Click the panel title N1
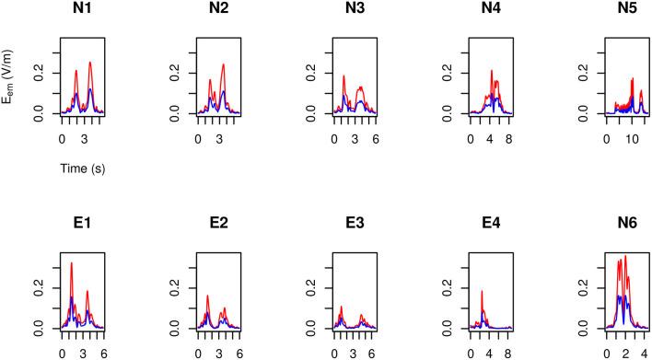[83, 16]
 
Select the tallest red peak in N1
[90, 63]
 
